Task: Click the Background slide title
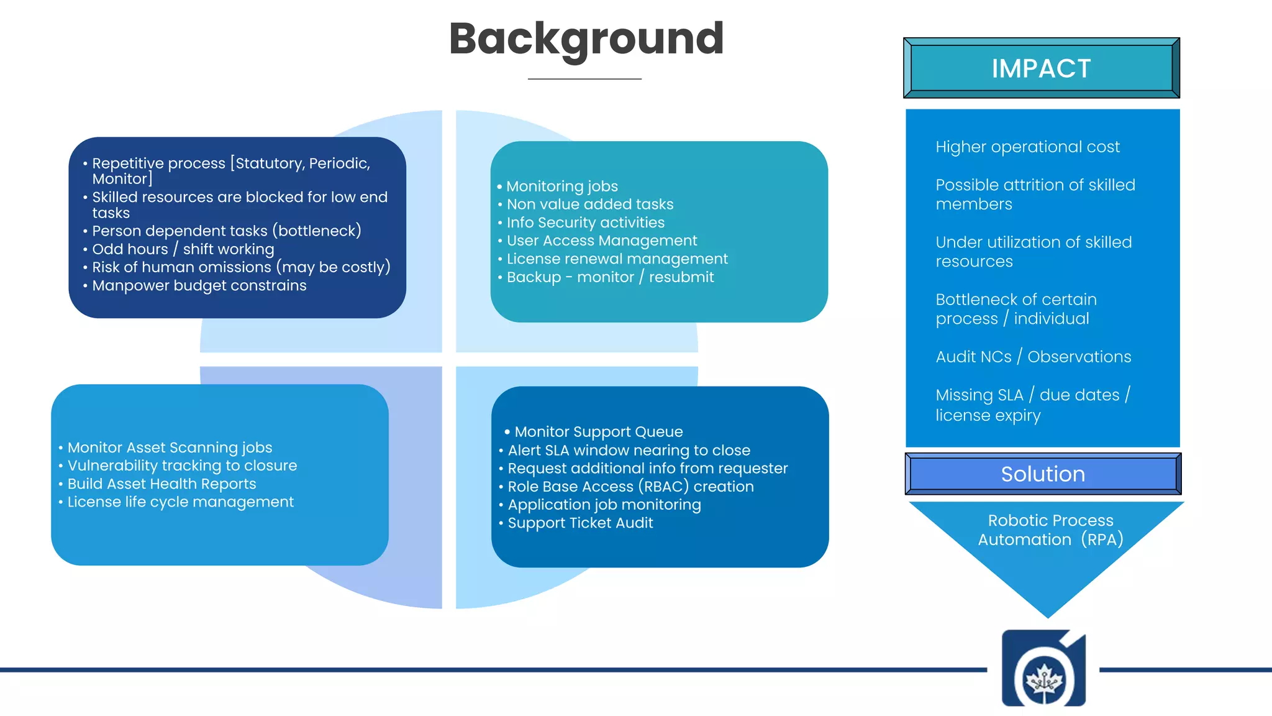[x=586, y=39]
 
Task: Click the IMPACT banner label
[x=1041, y=68]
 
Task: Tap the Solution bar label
[x=1043, y=474]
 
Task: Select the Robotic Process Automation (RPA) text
[x=1050, y=530]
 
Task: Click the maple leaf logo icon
[x=1044, y=679]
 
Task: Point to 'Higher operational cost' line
[x=1027, y=147]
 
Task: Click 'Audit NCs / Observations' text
[x=1033, y=357]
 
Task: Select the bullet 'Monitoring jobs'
[x=561, y=186]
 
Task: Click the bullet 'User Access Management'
[x=601, y=241]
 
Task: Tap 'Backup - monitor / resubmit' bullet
[x=610, y=277]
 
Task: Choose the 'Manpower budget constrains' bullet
[x=199, y=286]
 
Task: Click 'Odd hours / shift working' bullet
[x=183, y=249]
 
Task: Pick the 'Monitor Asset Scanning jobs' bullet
[x=170, y=447]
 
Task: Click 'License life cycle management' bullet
[x=180, y=502]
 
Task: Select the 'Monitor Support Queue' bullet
[x=598, y=432]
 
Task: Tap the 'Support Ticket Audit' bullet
[x=580, y=523]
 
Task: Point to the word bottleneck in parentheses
[x=317, y=231]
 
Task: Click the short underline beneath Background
[x=584, y=79]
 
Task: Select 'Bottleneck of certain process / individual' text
[x=1016, y=309]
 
